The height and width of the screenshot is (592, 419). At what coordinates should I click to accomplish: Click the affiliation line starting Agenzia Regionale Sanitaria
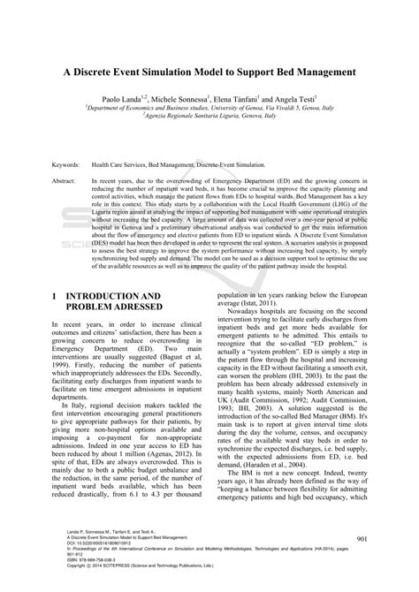click(x=210, y=119)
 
